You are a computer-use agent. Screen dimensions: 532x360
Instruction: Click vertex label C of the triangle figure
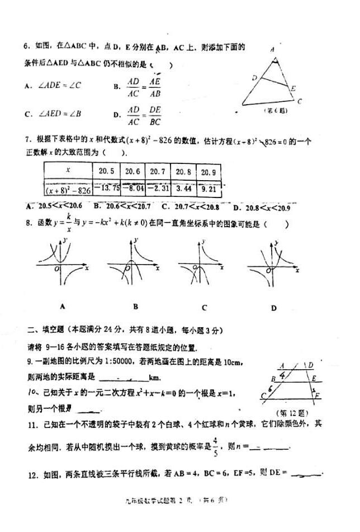tap(300, 101)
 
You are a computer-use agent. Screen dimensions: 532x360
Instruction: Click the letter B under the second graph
tap(136, 306)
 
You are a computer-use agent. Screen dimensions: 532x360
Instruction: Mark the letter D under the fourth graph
tap(274, 307)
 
